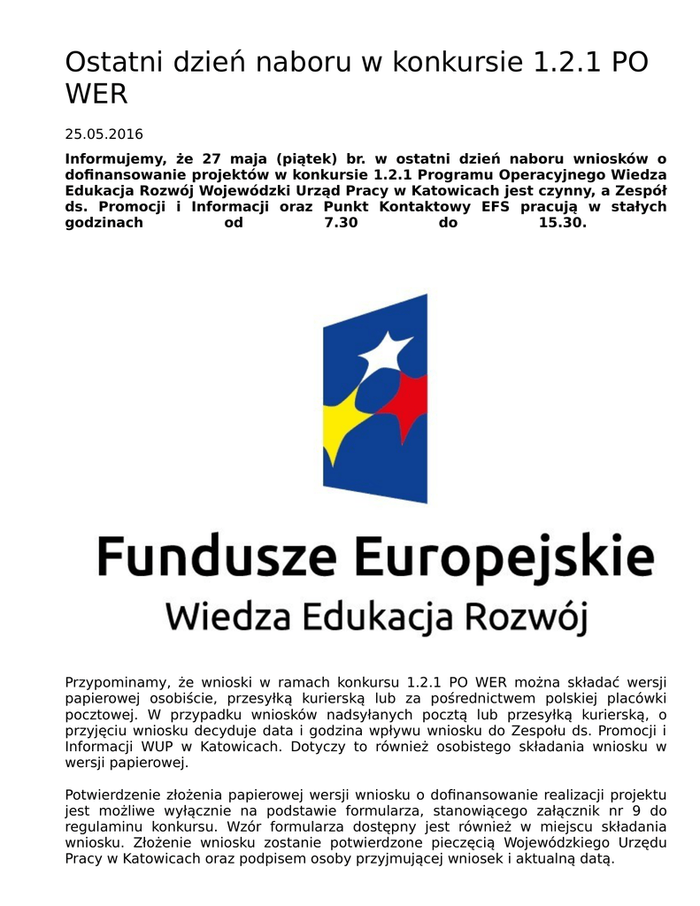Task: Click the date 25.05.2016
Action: coord(104,134)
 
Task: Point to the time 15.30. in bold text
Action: coord(562,223)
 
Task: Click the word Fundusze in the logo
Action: coord(216,557)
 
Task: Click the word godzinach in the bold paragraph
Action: coord(104,223)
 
